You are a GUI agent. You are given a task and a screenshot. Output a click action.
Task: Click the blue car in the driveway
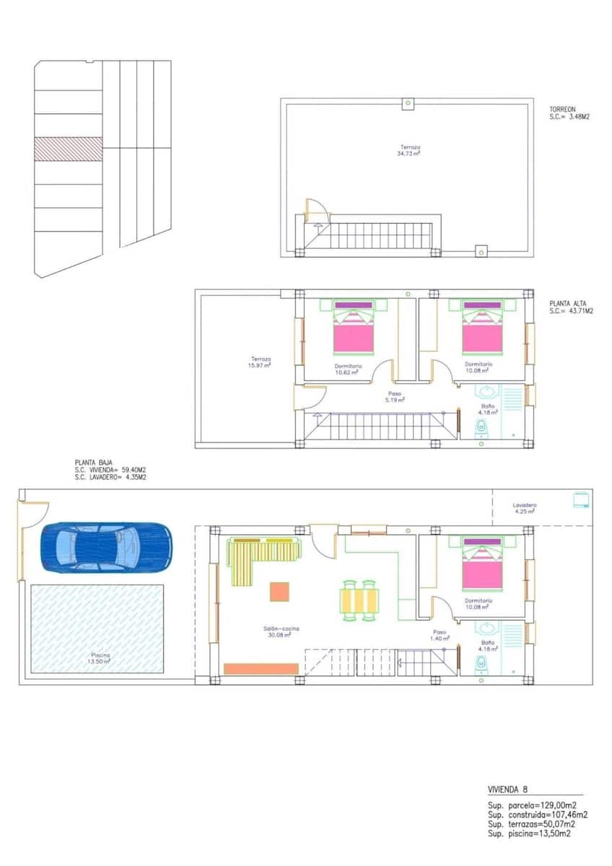[107, 546]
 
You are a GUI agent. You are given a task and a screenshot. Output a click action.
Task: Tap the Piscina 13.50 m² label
[100, 658]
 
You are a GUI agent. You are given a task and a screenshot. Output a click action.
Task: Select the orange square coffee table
[279, 592]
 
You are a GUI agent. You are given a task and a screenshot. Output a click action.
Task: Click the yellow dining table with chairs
[359, 600]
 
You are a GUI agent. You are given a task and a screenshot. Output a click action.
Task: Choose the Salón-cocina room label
[281, 632]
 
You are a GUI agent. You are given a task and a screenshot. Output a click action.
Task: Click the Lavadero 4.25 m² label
[525, 508]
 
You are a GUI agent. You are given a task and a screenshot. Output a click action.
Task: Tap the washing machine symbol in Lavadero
[580, 499]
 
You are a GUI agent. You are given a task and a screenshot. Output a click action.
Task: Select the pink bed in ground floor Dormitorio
[482, 567]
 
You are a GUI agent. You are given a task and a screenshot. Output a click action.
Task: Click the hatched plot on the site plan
[69, 149]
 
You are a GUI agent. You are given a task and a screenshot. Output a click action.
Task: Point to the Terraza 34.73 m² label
[411, 150]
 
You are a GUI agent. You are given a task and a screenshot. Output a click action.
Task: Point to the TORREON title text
[563, 109]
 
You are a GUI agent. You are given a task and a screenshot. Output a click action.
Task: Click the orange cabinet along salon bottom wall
[261, 669]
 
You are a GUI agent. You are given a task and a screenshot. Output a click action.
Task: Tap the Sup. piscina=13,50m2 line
[531, 834]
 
